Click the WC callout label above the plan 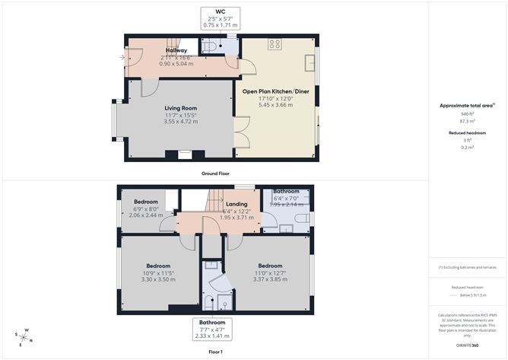click(221, 12)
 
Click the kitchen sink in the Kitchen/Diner click(310, 62)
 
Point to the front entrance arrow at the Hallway click(122, 56)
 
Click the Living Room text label click(181, 108)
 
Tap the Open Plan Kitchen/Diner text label click(276, 91)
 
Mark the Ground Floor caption click(215, 174)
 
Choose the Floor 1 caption click(215, 352)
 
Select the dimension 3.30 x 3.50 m click(159, 279)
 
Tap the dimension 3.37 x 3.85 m click(270, 279)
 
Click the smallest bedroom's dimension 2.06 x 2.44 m click(145, 215)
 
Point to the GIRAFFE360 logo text click(468, 344)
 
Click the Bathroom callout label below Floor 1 click(212, 323)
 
